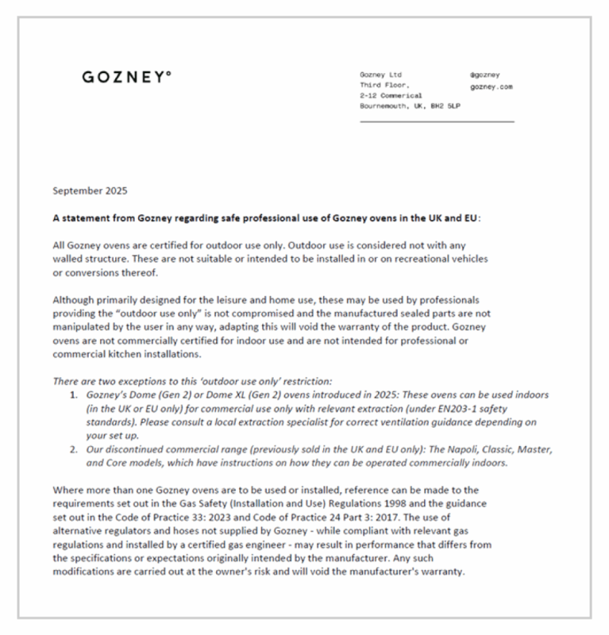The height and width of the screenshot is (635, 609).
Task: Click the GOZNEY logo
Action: click(125, 78)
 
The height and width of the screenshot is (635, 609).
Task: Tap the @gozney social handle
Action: click(484, 75)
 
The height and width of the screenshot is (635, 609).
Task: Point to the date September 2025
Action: click(89, 190)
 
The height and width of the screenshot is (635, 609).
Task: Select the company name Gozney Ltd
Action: click(380, 75)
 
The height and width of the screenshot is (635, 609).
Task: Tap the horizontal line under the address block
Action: click(437, 121)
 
